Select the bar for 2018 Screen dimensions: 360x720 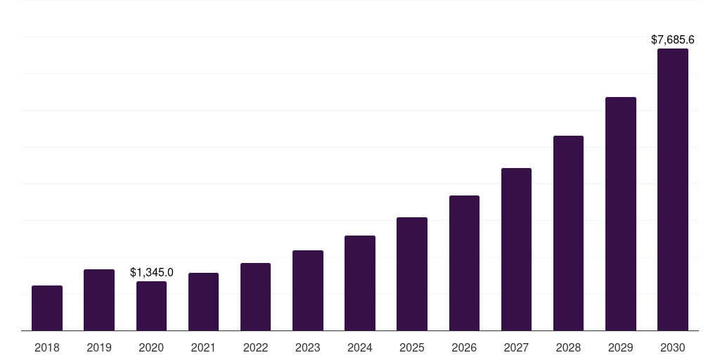(x=47, y=308)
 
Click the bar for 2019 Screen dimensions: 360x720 (x=99, y=300)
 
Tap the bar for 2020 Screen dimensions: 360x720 (x=151, y=306)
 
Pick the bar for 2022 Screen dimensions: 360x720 (x=255, y=297)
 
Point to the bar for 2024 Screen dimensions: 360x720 (x=360, y=283)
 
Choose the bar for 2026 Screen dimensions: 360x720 (x=464, y=263)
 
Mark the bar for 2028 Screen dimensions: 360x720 (x=568, y=233)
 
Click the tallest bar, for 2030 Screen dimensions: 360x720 (x=673, y=190)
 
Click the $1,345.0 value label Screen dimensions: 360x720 (x=152, y=272)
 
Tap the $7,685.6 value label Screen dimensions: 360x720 (x=673, y=39)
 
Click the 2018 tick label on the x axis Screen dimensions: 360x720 (x=47, y=347)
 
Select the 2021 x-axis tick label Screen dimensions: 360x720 (x=203, y=347)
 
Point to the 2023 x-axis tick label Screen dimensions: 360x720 (x=308, y=347)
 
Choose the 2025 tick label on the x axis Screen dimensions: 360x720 (x=412, y=347)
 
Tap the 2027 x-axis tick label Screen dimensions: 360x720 (x=516, y=347)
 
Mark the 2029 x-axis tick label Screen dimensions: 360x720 (x=621, y=347)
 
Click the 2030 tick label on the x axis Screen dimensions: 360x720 (x=673, y=347)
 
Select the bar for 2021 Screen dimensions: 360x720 (x=203, y=302)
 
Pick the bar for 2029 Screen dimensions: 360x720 (x=621, y=214)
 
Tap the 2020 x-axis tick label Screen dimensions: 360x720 (x=151, y=347)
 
